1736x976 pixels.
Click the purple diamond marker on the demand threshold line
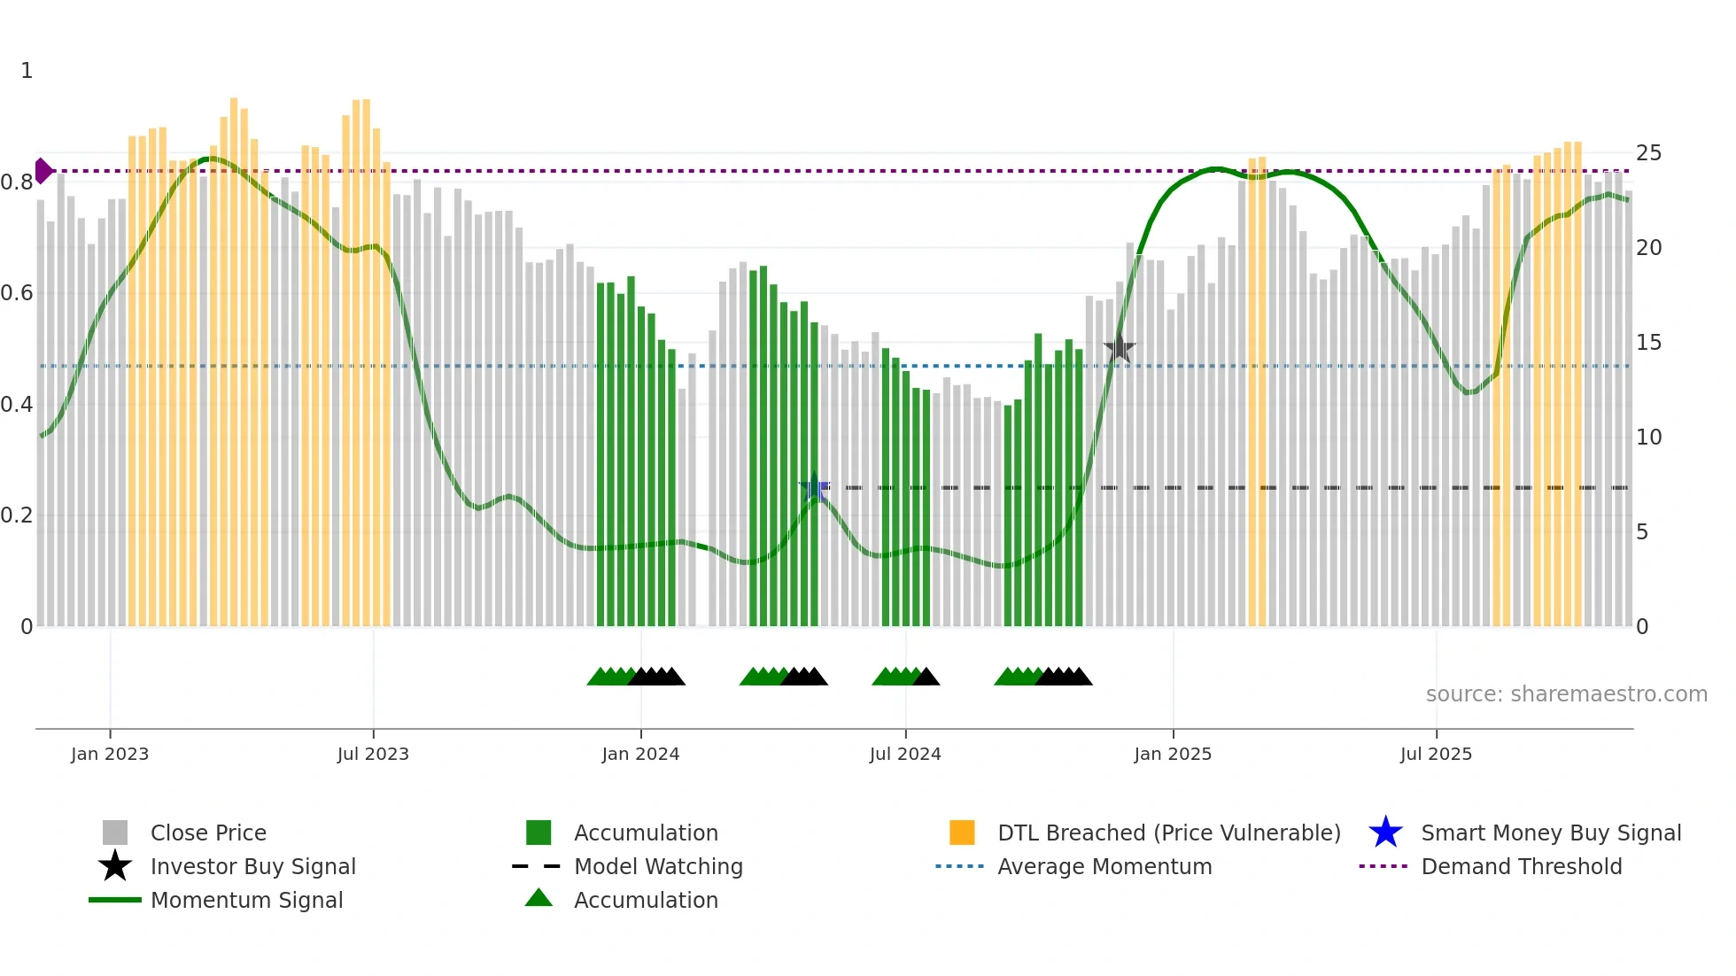point(43,171)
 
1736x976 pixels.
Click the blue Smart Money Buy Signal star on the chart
point(814,487)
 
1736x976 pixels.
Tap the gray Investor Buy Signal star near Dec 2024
point(1120,348)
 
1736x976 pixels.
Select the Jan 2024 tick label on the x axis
point(640,754)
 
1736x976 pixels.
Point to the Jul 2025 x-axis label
point(1436,754)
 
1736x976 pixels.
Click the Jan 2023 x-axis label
point(110,754)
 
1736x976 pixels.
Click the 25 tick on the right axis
point(1648,153)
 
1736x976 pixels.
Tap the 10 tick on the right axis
point(1648,438)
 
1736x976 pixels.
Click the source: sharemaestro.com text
point(1566,694)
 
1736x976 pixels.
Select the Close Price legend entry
point(208,833)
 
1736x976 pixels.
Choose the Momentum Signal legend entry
point(246,900)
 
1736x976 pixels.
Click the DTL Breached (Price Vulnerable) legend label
point(1168,833)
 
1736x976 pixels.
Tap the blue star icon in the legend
point(1385,833)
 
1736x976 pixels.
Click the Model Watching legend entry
point(658,866)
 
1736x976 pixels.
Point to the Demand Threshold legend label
point(1521,866)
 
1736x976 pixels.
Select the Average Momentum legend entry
point(1104,866)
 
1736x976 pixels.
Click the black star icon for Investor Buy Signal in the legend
point(115,866)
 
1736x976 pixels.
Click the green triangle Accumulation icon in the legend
point(539,898)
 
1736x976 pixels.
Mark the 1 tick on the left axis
point(27,71)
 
